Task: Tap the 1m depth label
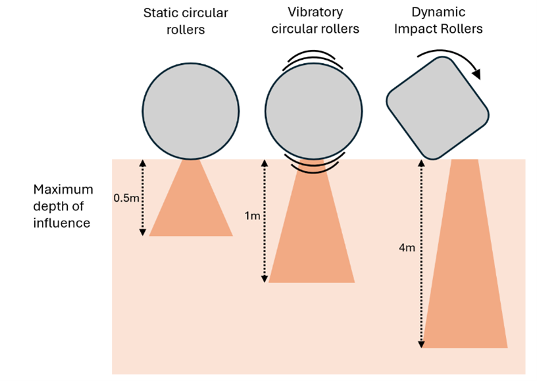coord(253,216)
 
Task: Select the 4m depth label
coord(408,248)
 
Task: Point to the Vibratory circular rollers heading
coord(315,20)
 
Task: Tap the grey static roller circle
coord(191,110)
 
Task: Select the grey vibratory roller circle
coord(313,110)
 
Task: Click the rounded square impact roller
coord(437,108)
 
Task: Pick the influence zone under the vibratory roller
coord(312,236)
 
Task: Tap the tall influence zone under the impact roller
coord(465,276)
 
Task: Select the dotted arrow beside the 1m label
coord(265,221)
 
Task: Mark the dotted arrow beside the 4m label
coord(420,254)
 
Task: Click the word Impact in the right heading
coord(424,29)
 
